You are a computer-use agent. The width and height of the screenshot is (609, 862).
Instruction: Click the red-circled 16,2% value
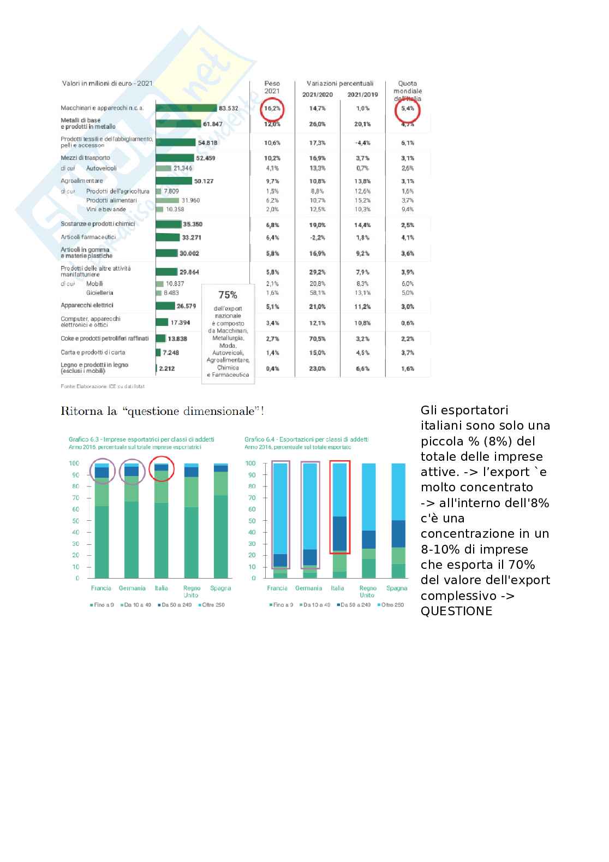pos(272,109)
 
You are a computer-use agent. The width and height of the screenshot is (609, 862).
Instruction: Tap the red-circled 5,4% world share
pos(408,109)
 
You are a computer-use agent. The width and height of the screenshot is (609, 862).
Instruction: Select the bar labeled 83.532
pos(186,108)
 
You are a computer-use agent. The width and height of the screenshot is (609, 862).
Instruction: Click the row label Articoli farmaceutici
pos(88,237)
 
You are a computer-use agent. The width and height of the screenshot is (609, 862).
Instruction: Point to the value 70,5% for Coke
pos(318,339)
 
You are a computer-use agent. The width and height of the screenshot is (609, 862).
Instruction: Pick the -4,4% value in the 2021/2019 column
pos(363,143)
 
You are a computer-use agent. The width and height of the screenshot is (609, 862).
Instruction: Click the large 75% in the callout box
pos(228,295)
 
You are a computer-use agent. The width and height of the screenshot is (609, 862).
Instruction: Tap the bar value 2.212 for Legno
pos(167,368)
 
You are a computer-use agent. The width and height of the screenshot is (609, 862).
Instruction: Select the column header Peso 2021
pos(272,87)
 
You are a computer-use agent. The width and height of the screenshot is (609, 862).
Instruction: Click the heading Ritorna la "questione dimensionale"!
pos(163,411)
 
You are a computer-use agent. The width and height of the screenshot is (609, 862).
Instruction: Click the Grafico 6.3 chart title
pos(141,439)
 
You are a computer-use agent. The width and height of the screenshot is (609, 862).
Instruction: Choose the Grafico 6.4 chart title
pos(306,439)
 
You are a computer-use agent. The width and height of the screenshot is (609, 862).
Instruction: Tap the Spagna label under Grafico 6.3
pos(220,588)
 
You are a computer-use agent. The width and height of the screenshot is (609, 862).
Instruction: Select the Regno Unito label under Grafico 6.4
pos(368,592)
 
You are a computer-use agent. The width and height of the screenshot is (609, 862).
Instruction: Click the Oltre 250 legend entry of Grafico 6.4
pos(392,605)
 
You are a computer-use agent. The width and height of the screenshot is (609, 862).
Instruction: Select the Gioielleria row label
pos(100,293)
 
